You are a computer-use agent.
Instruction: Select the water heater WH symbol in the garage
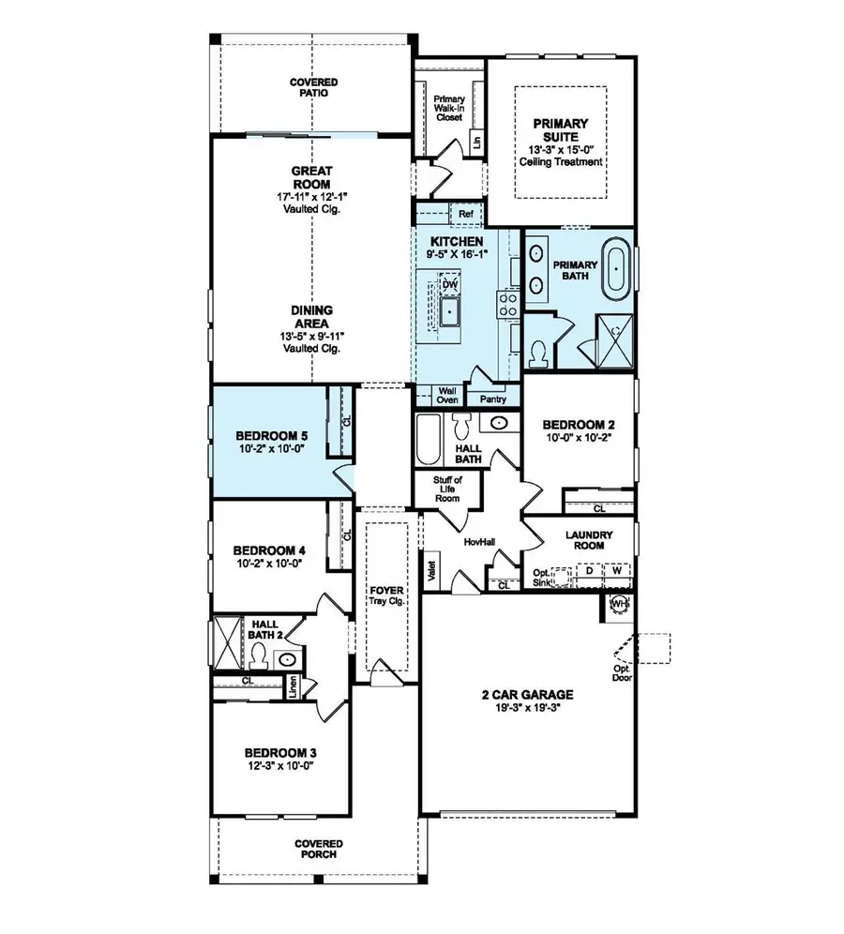pyautogui.click(x=619, y=604)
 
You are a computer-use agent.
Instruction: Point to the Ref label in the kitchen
pyautogui.click(x=466, y=215)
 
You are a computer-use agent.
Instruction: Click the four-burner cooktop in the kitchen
pyautogui.click(x=507, y=302)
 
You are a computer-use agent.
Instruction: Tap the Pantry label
pyautogui.click(x=492, y=399)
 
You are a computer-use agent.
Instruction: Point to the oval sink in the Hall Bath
pyautogui.click(x=501, y=423)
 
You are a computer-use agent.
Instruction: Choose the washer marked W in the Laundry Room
pyautogui.click(x=617, y=570)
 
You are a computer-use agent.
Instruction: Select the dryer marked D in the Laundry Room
pyautogui.click(x=589, y=570)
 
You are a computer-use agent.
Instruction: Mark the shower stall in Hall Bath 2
pyautogui.click(x=228, y=643)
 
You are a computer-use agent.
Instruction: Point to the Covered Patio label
pyautogui.click(x=313, y=88)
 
